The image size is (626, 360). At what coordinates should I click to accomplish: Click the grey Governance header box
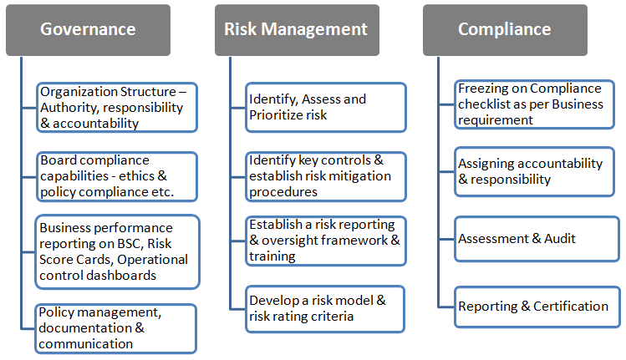(x=88, y=29)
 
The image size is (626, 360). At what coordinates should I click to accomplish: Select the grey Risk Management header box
(x=296, y=29)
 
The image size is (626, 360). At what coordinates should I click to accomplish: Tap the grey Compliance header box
(x=504, y=29)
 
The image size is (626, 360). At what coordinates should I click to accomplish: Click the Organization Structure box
(x=117, y=108)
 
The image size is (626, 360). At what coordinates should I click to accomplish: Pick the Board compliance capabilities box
(x=117, y=176)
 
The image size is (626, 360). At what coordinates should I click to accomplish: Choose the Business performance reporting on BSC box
(x=117, y=251)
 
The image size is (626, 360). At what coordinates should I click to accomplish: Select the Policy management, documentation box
(x=117, y=327)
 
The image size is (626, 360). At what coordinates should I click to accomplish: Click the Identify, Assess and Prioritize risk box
(x=325, y=108)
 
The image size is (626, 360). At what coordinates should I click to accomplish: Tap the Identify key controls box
(x=325, y=176)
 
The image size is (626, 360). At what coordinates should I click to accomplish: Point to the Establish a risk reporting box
(x=325, y=241)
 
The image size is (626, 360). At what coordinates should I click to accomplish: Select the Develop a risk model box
(x=325, y=308)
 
